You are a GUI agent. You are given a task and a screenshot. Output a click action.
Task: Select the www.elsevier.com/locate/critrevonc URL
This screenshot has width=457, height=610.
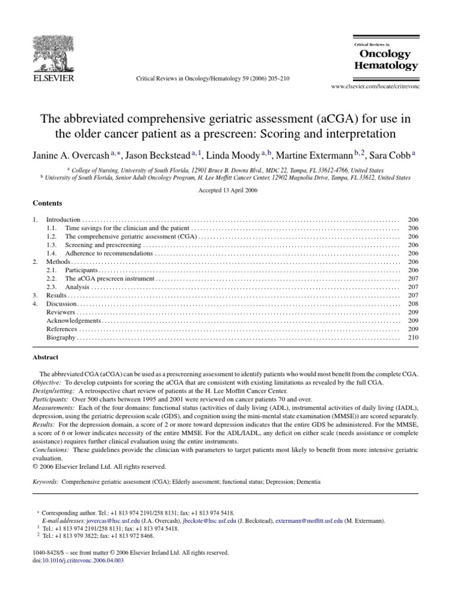374,87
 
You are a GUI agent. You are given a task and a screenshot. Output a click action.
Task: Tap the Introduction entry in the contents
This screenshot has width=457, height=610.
62,220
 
